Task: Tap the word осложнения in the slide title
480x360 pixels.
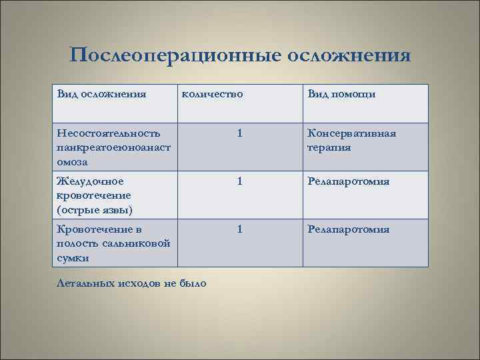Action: pyautogui.click(x=348, y=54)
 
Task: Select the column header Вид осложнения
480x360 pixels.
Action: pyautogui.click(x=102, y=94)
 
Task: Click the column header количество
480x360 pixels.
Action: pyautogui.click(x=212, y=94)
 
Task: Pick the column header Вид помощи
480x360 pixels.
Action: pyautogui.click(x=341, y=94)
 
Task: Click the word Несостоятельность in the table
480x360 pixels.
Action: pyautogui.click(x=109, y=133)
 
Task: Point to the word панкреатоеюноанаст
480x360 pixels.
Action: pyautogui.click(x=115, y=147)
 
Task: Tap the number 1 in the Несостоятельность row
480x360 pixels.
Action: pyautogui.click(x=239, y=133)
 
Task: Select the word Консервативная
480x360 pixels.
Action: pyautogui.click(x=351, y=133)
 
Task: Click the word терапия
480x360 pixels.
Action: pyautogui.click(x=329, y=147)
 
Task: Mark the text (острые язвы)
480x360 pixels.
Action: pyautogui.click(x=95, y=211)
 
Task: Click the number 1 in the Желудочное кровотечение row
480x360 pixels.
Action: pyautogui.click(x=239, y=181)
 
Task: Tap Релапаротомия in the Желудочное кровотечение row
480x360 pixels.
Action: pyautogui.click(x=348, y=181)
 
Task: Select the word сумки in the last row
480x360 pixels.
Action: pyautogui.click(x=73, y=258)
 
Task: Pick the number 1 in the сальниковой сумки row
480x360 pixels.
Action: pyautogui.click(x=239, y=229)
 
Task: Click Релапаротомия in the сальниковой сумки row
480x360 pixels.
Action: pyautogui.click(x=348, y=229)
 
